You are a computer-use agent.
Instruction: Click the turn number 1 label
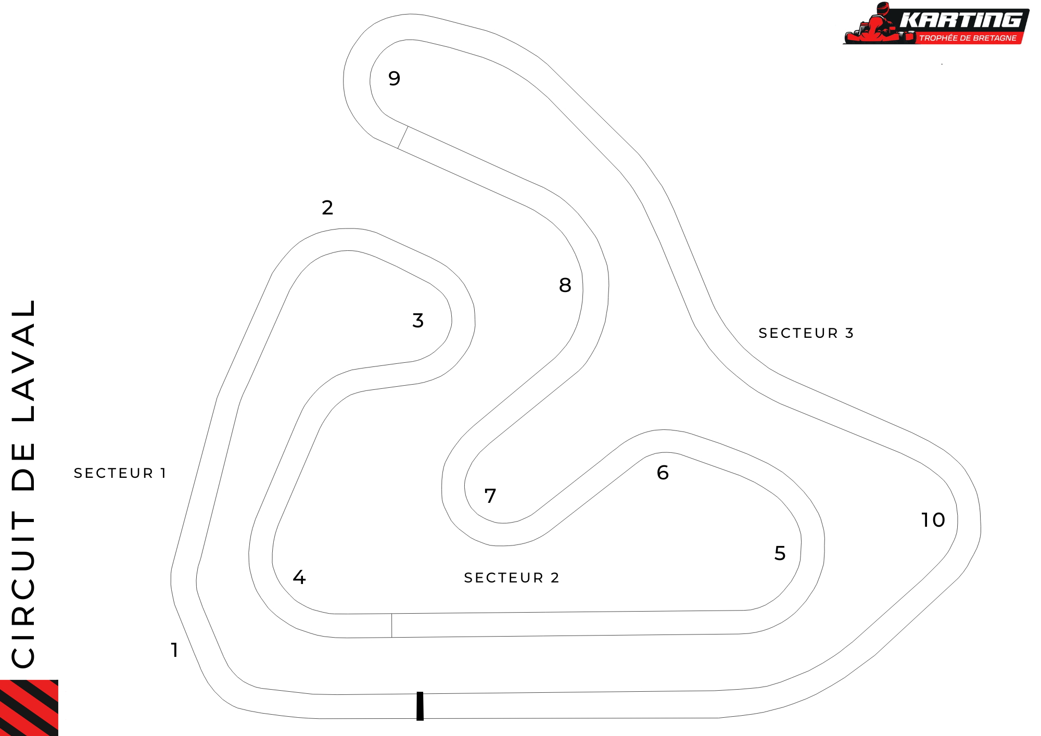click(x=175, y=650)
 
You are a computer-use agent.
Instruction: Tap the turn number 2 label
click(x=327, y=208)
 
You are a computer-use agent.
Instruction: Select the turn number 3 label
click(x=418, y=321)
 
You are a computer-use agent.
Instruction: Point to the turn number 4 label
click(x=299, y=577)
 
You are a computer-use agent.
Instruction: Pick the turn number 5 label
click(x=780, y=553)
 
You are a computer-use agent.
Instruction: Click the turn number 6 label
click(x=663, y=473)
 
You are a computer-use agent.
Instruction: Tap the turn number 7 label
click(x=490, y=496)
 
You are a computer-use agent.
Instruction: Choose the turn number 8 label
click(x=565, y=285)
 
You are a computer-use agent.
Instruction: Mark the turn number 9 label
click(x=395, y=79)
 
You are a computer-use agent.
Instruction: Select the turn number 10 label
click(x=933, y=520)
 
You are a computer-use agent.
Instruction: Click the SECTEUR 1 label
click(x=120, y=473)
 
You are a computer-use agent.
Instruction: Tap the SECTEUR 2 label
click(x=512, y=578)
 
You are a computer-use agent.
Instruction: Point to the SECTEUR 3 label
click(x=806, y=333)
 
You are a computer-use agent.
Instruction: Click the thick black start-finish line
click(x=420, y=706)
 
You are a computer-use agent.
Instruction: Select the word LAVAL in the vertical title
click(x=23, y=361)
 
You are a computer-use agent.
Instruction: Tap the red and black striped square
click(x=29, y=708)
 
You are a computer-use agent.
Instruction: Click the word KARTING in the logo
click(x=961, y=20)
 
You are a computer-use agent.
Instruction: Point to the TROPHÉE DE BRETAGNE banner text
click(x=968, y=38)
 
